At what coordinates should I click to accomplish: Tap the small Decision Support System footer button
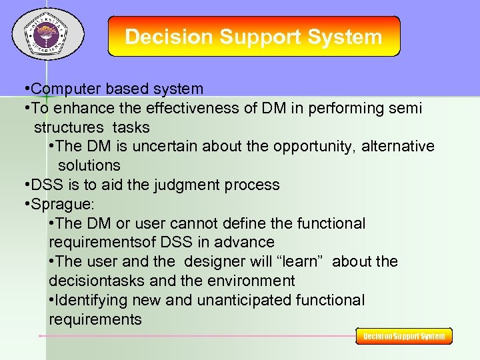404,336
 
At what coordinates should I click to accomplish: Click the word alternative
398,146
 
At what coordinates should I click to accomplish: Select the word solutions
89,165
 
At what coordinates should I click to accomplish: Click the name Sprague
63,204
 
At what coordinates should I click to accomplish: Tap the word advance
247,242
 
